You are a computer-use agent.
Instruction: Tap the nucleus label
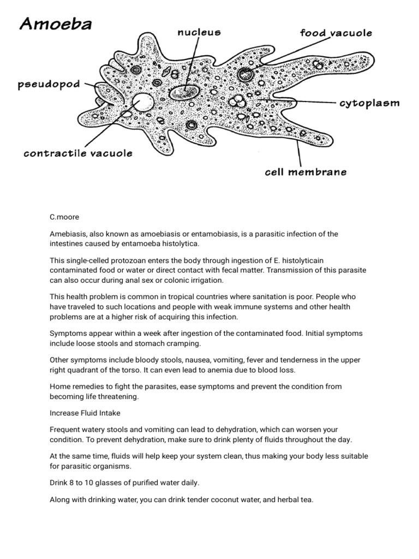click(x=199, y=33)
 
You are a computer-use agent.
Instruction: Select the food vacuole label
click(x=336, y=33)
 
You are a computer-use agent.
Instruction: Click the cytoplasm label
click(x=369, y=103)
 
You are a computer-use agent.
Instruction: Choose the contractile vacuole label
click(x=78, y=153)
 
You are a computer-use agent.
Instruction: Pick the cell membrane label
click(x=306, y=172)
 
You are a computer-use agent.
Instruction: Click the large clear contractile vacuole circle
click(x=143, y=102)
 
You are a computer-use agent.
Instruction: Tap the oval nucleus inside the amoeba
click(x=184, y=92)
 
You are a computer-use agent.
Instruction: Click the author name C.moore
click(x=64, y=217)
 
